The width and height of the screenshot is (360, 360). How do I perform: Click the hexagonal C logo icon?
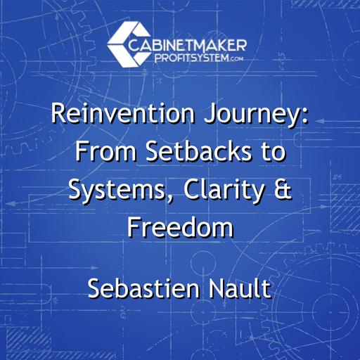pos(125,42)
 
